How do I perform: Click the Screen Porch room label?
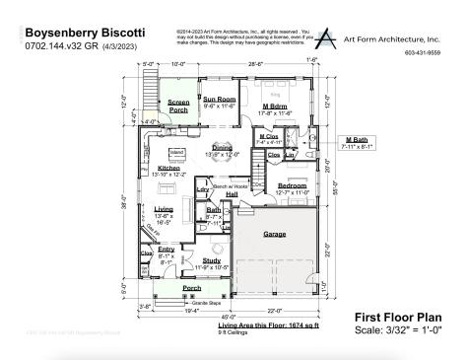178,105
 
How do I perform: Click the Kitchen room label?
167,170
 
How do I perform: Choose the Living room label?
165,211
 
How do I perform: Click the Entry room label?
165,252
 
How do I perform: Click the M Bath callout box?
358,145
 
